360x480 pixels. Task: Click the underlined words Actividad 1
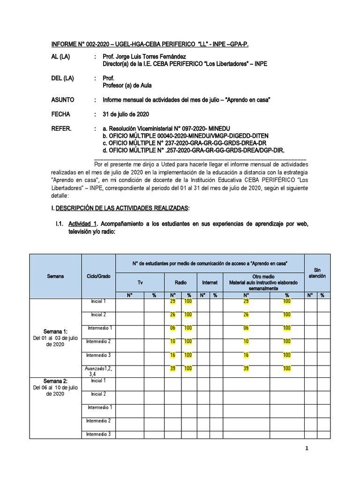coord(82,224)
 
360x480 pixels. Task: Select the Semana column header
coord(55,276)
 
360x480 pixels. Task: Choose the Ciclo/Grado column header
coord(98,276)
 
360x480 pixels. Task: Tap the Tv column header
coord(140,283)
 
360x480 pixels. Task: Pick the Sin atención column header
coord(317,273)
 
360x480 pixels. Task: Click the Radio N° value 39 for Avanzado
coord(173,369)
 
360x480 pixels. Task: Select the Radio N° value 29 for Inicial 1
coord(173,301)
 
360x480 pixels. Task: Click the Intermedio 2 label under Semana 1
coord(98,341)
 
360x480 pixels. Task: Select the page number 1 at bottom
coord(307,449)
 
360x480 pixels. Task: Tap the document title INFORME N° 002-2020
coord(150,44)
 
